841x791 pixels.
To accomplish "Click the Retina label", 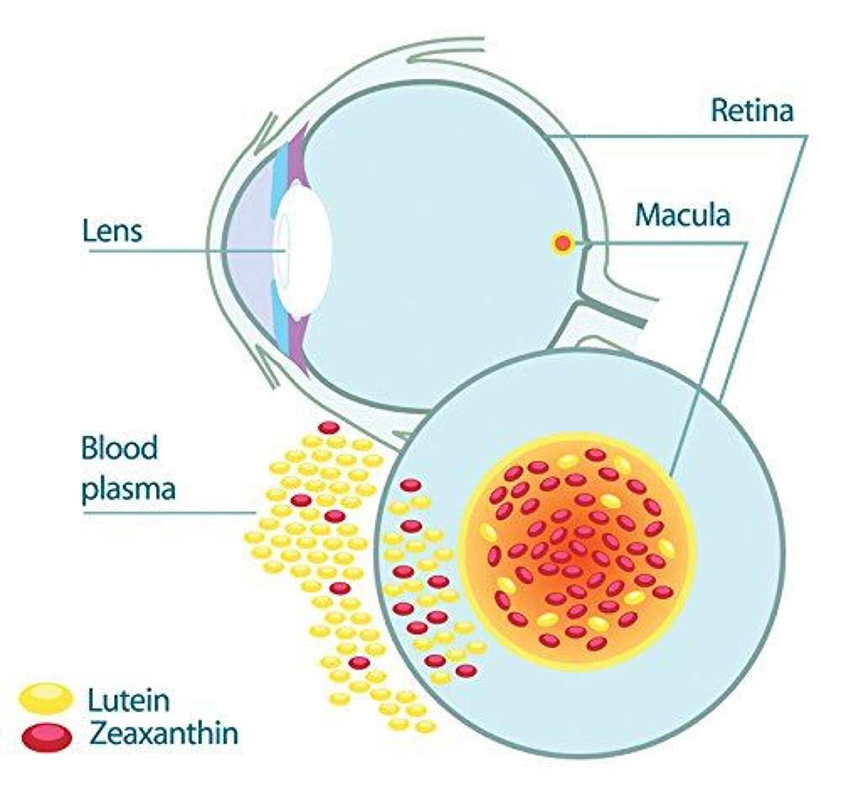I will pos(752,110).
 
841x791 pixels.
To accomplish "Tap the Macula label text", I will pos(682,215).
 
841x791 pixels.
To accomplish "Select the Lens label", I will pos(112,231).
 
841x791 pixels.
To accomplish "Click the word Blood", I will pos(119,448).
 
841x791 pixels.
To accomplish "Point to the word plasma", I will pos(128,489).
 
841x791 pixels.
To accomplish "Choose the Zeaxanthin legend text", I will pos(164,733).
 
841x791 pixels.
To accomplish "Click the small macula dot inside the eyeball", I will pos(562,243).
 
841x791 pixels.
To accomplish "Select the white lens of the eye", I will pos(306,252).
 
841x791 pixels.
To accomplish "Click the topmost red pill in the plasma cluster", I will pos(329,428).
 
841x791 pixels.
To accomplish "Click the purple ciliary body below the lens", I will pos(298,348).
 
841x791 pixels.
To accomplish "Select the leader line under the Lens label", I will pos(185,250).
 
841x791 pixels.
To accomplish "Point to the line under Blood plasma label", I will pos(168,512).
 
